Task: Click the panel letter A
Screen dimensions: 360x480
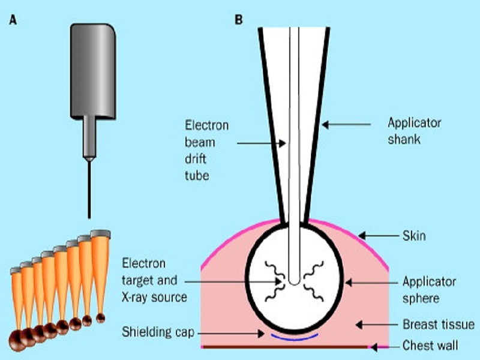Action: (13, 19)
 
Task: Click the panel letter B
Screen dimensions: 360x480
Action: (239, 19)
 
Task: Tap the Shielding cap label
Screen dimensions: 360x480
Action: (158, 332)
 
